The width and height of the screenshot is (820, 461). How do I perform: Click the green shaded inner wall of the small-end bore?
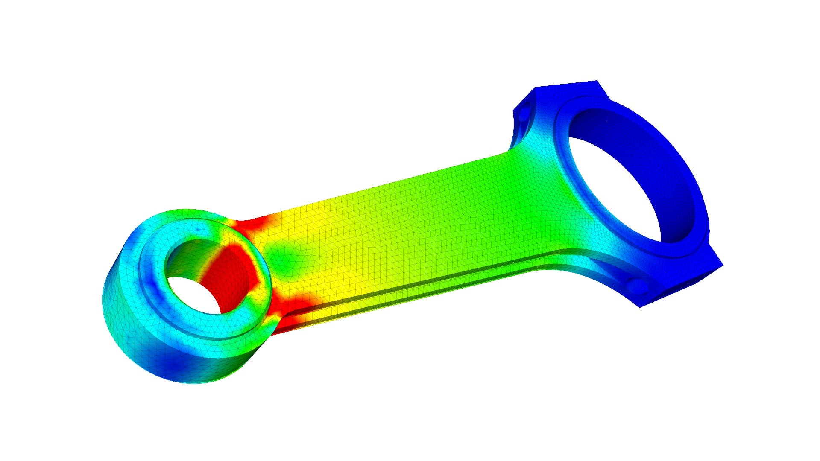tap(188, 256)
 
